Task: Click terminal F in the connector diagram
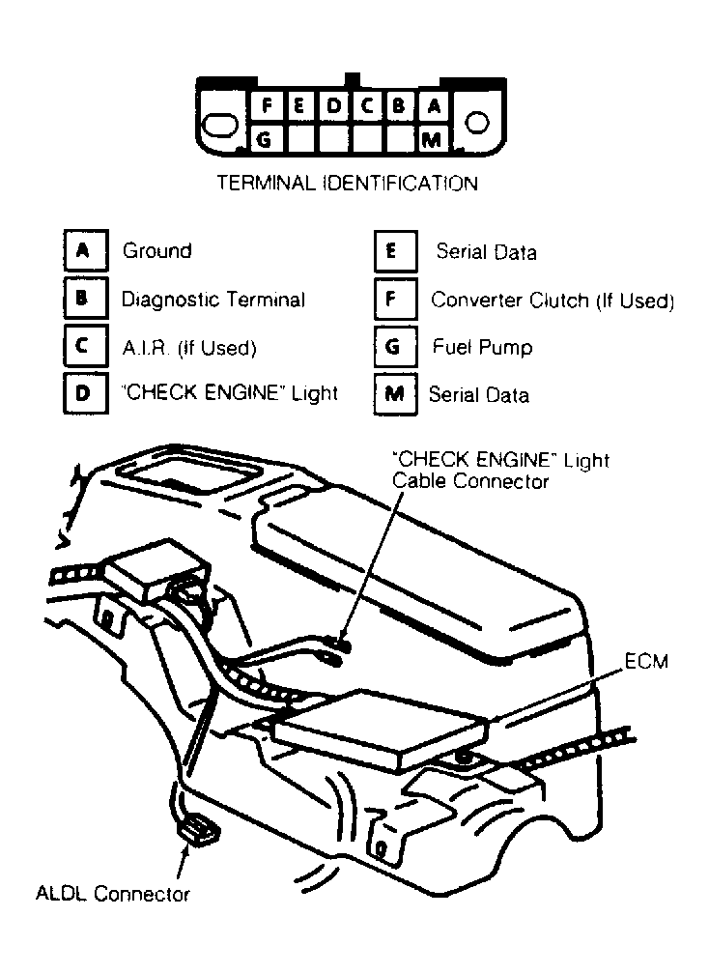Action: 267,105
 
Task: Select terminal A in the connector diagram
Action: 435,106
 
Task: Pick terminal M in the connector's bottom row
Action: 432,139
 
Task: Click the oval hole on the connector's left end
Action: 221,124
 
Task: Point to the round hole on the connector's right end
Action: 477,123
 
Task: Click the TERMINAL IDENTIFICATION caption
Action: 348,184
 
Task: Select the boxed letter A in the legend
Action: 86,251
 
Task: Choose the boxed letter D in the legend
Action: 86,392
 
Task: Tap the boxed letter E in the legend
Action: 395,251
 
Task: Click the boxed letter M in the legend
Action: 395,394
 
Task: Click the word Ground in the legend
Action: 157,251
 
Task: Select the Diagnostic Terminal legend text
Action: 213,300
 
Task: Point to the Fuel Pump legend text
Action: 482,347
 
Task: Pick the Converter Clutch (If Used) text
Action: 553,300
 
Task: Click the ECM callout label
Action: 645,661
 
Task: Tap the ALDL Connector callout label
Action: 112,894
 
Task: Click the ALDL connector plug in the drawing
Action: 199,831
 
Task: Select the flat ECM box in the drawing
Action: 379,730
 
